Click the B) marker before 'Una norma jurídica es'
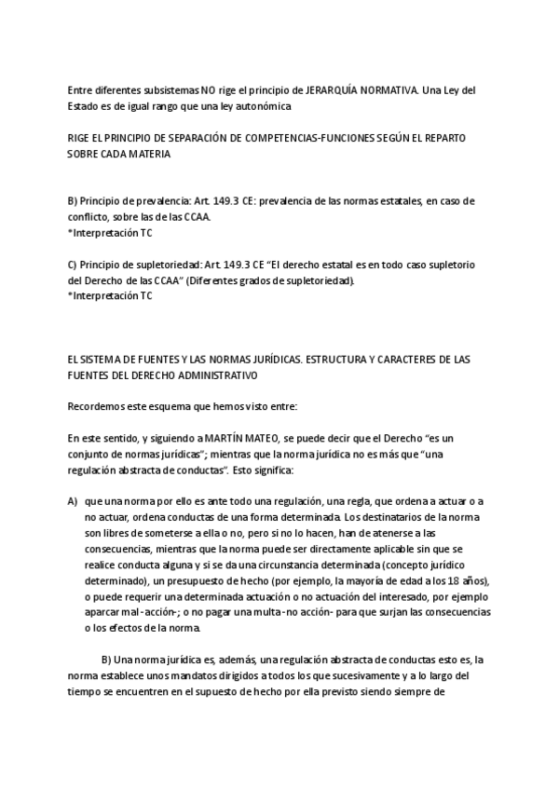coord(106,660)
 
